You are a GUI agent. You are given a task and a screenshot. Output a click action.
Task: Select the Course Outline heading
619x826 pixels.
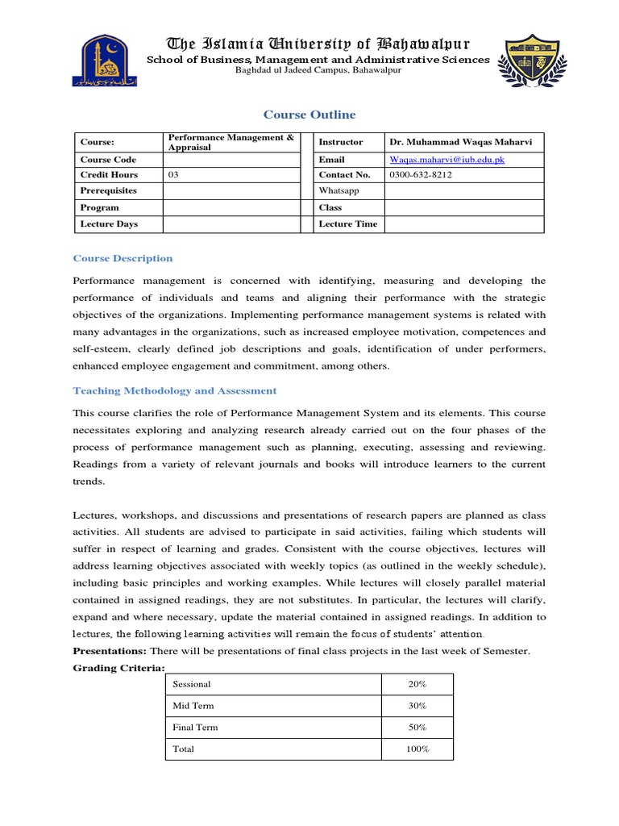click(309, 115)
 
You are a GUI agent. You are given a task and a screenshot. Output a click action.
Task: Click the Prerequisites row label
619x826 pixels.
click(108, 190)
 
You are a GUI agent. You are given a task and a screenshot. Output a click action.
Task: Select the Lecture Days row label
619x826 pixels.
click(109, 223)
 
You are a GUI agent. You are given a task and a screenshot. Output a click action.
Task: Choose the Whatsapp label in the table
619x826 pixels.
click(339, 190)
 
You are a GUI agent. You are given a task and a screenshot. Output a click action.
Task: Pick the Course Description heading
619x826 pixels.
click(123, 258)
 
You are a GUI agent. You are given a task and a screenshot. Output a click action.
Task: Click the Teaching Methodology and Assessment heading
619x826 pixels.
click(175, 390)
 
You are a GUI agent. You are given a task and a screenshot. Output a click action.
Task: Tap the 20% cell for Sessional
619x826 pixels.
click(417, 684)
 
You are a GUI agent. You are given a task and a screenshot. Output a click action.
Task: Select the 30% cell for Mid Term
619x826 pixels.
click(417, 706)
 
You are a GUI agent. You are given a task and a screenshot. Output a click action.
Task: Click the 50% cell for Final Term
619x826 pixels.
click(417, 728)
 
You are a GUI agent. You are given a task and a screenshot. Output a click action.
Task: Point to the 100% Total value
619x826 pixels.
click(417, 749)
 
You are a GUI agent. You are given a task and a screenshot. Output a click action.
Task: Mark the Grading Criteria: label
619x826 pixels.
click(118, 667)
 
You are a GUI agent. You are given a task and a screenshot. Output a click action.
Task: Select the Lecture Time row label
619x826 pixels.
click(347, 223)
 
